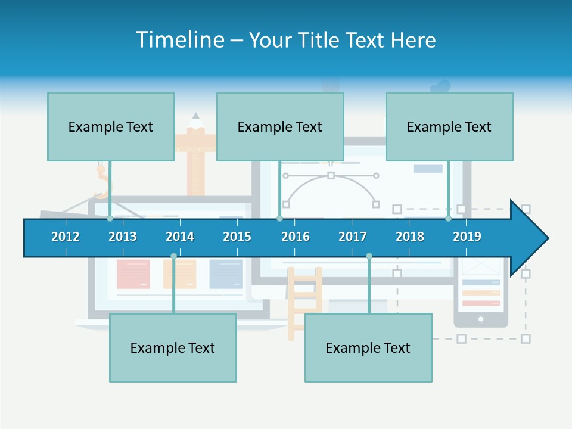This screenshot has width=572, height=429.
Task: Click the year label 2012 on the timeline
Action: [x=66, y=237]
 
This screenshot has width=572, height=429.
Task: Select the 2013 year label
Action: [x=123, y=237]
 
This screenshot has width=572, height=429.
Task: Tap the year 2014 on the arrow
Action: [x=180, y=237]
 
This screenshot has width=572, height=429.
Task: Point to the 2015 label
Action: [x=237, y=237]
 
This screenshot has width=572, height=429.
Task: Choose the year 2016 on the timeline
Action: [x=296, y=237]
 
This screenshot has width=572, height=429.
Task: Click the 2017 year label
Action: [x=353, y=237]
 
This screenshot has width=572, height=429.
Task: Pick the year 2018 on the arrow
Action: [x=410, y=237]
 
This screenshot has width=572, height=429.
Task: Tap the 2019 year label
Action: [x=467, y=237]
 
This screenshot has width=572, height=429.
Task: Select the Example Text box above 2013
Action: [x=111, y=126]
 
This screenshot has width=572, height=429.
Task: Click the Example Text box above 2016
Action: [x=280, y=126]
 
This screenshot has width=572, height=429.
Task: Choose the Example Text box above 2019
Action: [x=449, y=126]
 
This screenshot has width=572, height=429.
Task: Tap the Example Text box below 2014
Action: [x=173, y=347]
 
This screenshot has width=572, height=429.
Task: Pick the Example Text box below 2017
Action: [x=368, y=347]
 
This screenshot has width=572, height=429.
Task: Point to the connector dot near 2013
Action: [x=110, y=219]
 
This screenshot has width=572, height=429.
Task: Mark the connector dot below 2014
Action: [x=173, y=256]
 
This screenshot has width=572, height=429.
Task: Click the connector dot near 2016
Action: [x=279, y=219]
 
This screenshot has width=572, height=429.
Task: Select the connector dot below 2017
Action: [x=369, y=256]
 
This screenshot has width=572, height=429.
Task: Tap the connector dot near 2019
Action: [x=448, y=219]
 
